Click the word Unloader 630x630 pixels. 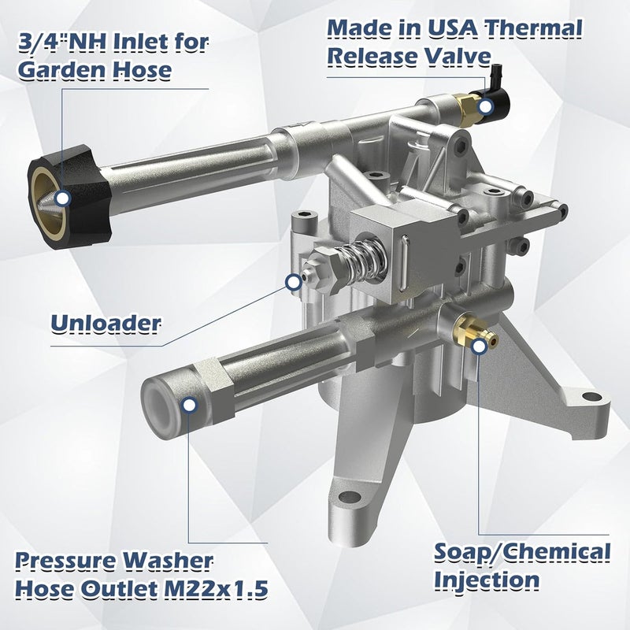[x=106, y=324]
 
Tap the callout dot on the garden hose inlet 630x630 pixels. [x=63, y=198]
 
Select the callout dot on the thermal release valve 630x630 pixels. [x=486, y=107]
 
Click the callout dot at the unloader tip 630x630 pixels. [x=294, y=282]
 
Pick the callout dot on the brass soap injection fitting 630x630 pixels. [x=479, y=346]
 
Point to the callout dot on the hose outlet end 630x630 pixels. [x=189, y=405]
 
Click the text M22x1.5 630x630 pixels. [x=215, y=589]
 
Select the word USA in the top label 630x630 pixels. [x=452, y=28]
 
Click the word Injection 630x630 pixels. [x=487, y=580]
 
